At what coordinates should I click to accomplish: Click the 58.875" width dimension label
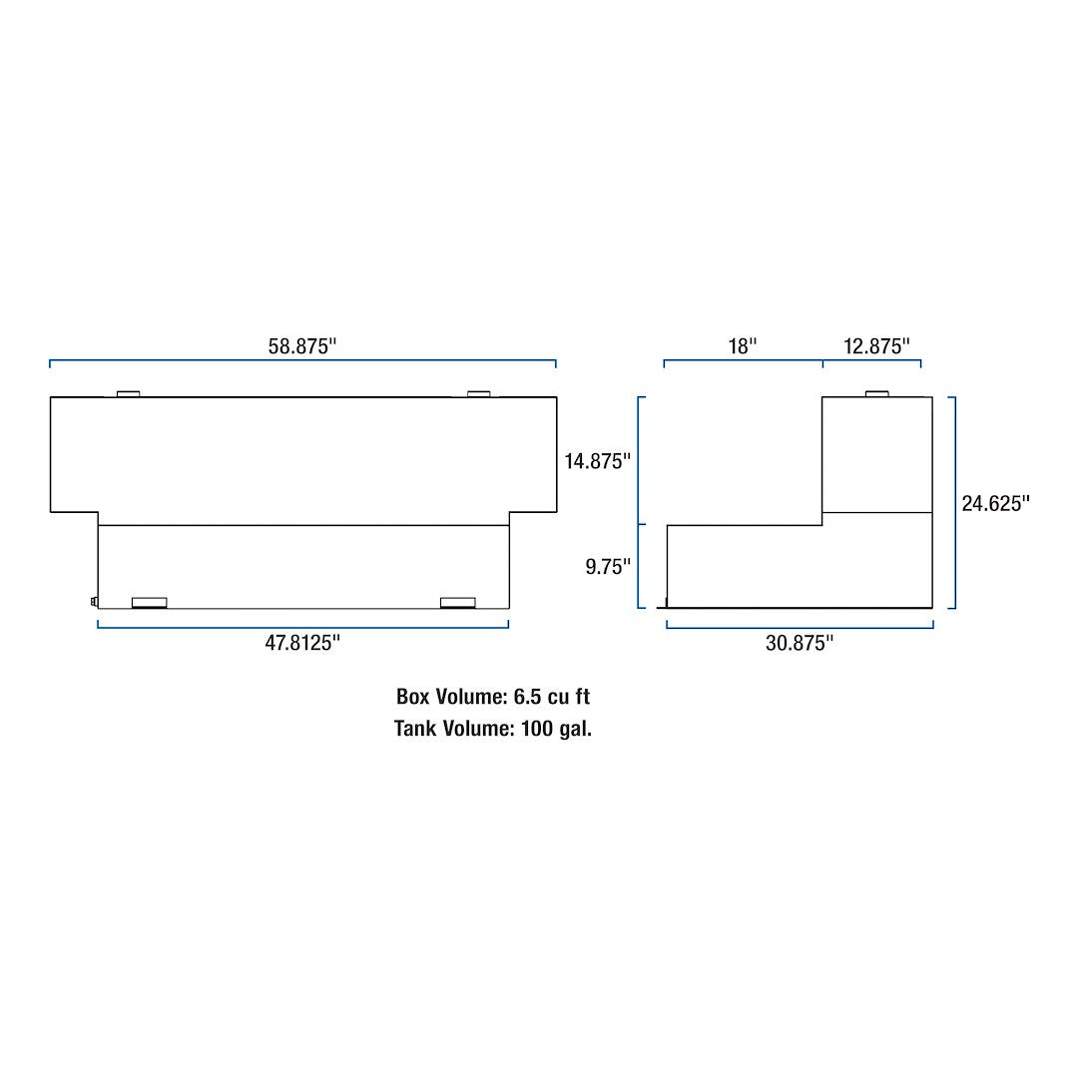coord(302,346)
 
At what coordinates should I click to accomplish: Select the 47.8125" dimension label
coord(302,643)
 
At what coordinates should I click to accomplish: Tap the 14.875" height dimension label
coord(598,461)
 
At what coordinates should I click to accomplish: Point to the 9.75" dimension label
coord(608,567)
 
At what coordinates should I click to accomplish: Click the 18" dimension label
coord(743,346)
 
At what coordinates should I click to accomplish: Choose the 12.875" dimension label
coord(876,346)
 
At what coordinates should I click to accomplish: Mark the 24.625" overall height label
coord(995,503)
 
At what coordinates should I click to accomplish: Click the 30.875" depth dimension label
coord(800,644)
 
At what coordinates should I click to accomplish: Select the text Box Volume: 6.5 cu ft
coord(493,697)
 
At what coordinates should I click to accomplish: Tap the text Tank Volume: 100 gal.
coord(493,729)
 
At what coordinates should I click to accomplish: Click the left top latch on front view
coord(128,393)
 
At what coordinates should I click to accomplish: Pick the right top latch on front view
coord(478,393)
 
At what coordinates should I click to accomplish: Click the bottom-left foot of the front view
coord(149,602)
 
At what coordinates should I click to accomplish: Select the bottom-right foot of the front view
coord(457,602)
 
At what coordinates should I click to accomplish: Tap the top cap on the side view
coord(876,393)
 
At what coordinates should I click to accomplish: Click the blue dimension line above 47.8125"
coord(302,627)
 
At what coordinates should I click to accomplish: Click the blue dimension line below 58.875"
coord(302,361)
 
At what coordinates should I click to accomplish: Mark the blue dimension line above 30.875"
coord(800,627)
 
